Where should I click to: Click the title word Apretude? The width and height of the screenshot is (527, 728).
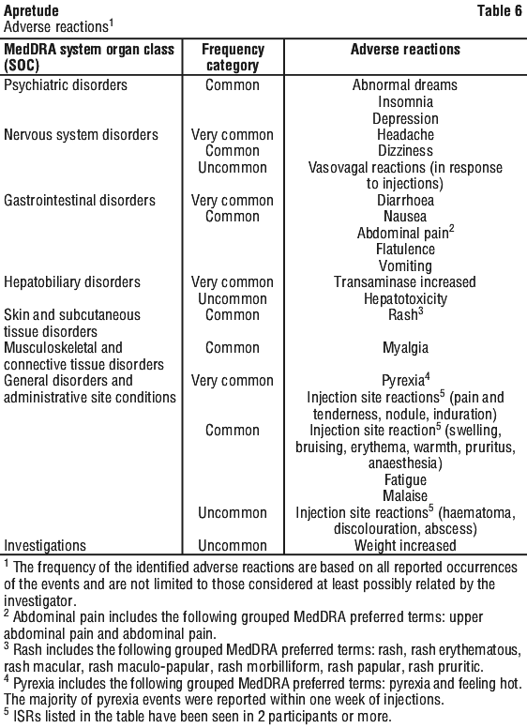[x=31, y=10]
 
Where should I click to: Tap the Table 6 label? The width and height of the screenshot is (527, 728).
[x=500, y=10]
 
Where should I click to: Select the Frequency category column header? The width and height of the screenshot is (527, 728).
[x=233, y=57]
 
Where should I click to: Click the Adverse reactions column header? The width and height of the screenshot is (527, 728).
[x=405, y=49]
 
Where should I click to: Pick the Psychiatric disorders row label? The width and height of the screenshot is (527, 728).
[x=66, y=85]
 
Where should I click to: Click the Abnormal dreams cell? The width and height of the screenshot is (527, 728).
[x=404, y=85]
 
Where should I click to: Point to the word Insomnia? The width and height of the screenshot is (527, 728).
[x=405, y=101]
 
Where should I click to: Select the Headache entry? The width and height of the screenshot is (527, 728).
[x=405, y=135]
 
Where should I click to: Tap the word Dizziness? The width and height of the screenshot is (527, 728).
[x=405, y=151]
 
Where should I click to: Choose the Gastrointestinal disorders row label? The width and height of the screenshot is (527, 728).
[x=80, y=200]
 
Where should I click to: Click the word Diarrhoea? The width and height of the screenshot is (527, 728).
[x=405, y=200]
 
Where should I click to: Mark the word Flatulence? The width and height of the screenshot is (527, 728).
[x=405, y=250]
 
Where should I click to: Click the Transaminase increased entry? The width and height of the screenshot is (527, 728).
[x=404, y=281]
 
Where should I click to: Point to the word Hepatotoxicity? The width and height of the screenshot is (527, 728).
[x=405, y=299]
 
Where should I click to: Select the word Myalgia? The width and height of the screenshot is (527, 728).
[x=405, y=348]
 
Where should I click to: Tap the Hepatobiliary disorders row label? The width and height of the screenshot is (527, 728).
[x=72, y=281]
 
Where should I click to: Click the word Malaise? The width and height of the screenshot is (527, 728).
[x=405, y=496]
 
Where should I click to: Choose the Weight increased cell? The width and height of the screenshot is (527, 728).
[x=405, y=546]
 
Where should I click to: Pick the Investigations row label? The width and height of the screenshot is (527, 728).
[x=45, y=546]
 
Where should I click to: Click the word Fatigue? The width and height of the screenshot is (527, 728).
[x=405, y=479]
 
